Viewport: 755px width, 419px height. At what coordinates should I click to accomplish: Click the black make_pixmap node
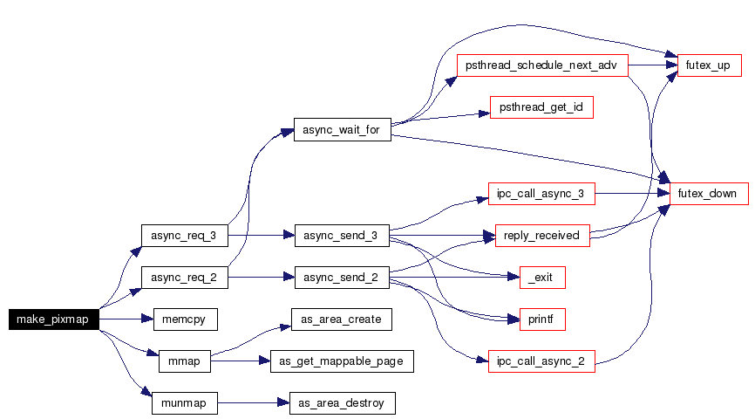[53, 319]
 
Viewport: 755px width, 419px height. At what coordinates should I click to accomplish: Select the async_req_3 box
[184, 236]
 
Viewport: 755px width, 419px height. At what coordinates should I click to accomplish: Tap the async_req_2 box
[184, 278]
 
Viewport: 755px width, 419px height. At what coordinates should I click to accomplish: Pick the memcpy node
[184, 319]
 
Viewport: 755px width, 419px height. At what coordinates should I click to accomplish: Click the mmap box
[184, 361]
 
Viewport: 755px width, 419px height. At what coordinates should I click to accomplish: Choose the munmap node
[184, 402]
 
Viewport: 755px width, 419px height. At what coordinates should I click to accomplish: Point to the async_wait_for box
[341, 131]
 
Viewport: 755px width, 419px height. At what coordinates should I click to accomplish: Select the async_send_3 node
[341, 236]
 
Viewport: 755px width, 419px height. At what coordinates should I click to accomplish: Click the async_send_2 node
[341, 278]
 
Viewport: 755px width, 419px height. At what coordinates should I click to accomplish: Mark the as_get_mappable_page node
[341, 361]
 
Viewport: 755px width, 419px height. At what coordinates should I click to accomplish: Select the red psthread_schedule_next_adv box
[542, 66]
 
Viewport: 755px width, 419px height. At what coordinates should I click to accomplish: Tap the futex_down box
[709, 194]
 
